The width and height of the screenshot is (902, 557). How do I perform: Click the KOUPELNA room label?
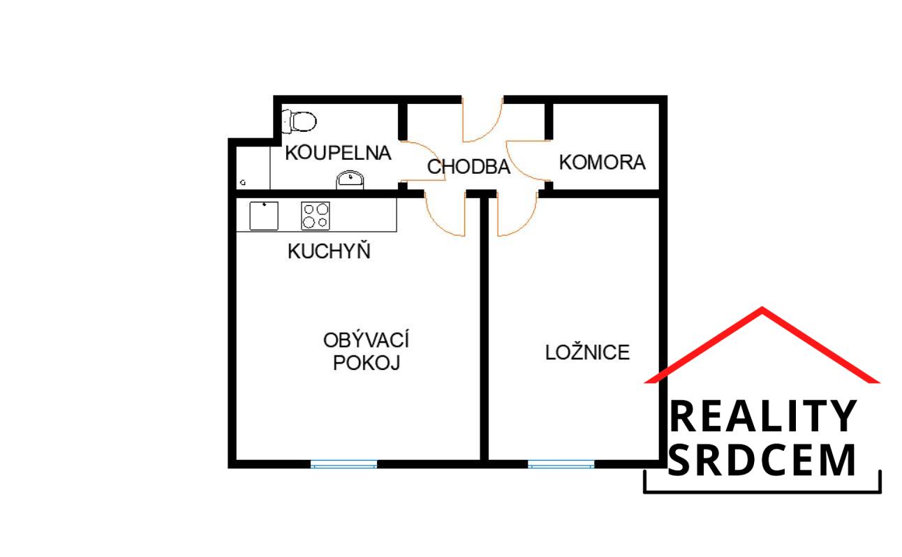click(338, 153)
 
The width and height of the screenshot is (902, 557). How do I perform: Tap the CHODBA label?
click(468, 168)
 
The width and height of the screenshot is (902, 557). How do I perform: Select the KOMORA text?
click(602, 163)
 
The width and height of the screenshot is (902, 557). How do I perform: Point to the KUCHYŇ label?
click(329, 252)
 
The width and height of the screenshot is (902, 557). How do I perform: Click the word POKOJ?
click(366, 364)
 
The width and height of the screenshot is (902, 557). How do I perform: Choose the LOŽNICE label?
click(587, 352)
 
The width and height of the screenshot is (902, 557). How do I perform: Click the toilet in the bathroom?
click(300, 121)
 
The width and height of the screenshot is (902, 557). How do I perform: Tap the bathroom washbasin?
click(350, 179)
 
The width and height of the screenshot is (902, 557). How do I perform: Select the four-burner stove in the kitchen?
click(315, 215)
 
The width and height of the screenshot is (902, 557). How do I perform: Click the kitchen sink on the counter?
click(264, 215)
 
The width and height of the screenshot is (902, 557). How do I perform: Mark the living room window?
click(343, 463)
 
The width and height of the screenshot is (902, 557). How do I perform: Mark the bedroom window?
click(561, 463)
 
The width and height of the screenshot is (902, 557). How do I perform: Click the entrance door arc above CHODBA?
click(482, 119)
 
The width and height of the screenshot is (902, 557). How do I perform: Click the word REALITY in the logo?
click(762, 417)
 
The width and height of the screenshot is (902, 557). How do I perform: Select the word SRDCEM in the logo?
click(762, 460)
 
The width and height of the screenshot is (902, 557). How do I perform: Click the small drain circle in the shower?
click(243, 182)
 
